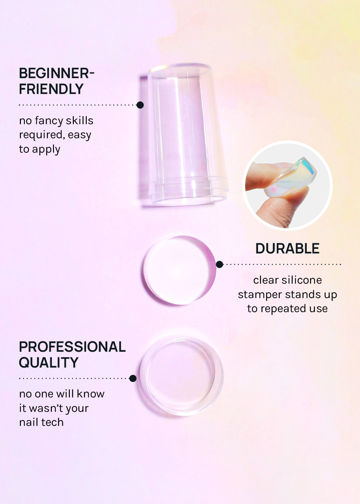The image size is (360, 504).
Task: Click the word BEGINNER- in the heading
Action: click(57, 73)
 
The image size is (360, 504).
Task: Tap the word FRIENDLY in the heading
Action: click(51, 89)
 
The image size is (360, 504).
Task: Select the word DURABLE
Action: click(287, 248)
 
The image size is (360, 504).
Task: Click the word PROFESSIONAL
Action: click(72, 347)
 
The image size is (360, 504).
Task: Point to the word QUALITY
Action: click(49, 363)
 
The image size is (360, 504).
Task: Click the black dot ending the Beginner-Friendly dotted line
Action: click(140, 105)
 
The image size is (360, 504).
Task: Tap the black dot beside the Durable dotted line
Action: click(220, 264)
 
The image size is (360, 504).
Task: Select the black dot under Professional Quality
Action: click(133, 378)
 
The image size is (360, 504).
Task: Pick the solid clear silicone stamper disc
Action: click(180, 270)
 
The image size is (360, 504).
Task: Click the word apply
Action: click(46, 150)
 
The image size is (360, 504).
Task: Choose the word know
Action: click(91, 394)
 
